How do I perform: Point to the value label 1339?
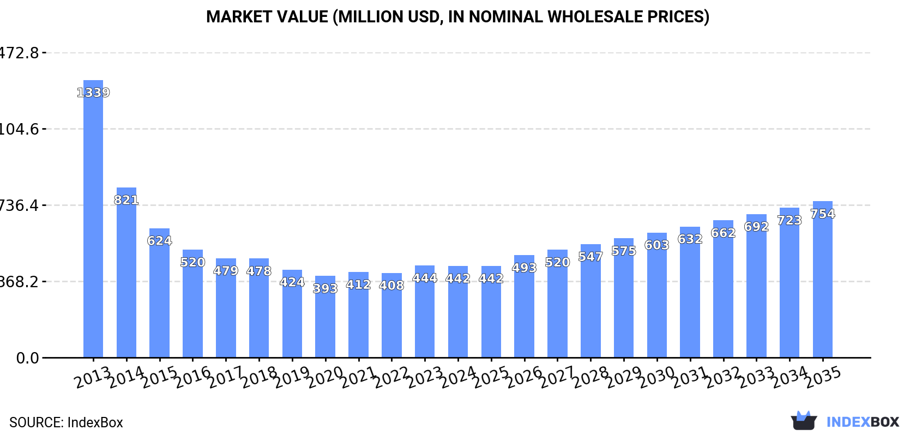[93, 93]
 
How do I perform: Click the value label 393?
[325, 288]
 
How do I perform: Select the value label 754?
[822, 214]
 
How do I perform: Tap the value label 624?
[159, 240]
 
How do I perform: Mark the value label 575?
[624, 251]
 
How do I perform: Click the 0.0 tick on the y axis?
[27, 358]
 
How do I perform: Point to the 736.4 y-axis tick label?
[20, 205]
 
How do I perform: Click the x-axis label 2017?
[225, 377]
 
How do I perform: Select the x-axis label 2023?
[424, 377]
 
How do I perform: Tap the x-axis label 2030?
[656, 377]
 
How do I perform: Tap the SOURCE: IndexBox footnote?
[66, 422]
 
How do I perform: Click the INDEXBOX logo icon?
[804, 421]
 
